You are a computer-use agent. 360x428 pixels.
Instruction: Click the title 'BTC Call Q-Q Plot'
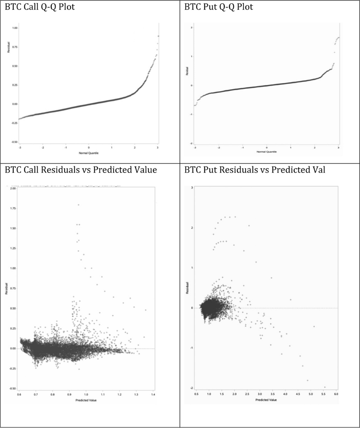[x=40, y=7]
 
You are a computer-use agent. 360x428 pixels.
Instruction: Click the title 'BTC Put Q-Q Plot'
[x=218, y=7]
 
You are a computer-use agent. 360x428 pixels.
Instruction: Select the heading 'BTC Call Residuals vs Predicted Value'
[x=81, y=170]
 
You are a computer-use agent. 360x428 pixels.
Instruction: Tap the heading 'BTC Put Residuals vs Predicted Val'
[x=255, y=170]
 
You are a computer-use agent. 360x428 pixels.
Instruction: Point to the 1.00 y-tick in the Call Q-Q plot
[x=15, y=28]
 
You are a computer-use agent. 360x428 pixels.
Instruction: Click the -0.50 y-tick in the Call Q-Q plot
[x=14, y=142]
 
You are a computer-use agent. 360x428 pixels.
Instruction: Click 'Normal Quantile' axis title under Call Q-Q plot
[x=88, y=153]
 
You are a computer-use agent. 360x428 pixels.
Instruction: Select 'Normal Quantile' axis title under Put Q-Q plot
[x=266, y=152]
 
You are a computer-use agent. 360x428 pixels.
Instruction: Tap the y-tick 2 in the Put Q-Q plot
[x=191, y=28]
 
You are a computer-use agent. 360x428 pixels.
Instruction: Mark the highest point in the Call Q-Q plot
[x=158, y=36]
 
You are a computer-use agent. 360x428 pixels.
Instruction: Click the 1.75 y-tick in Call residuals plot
[x=13, y=208]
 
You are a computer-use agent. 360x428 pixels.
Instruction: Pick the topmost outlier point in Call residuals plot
[x=79, y=205]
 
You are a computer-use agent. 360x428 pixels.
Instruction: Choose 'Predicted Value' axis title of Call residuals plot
[x=86, y=400]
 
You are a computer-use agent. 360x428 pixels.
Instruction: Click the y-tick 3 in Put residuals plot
[x=192, y=188]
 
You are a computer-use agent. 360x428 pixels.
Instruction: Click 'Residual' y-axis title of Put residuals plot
[x=187, y=288]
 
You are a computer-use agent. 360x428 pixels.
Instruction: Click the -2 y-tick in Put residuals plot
[x=191, y=388]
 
